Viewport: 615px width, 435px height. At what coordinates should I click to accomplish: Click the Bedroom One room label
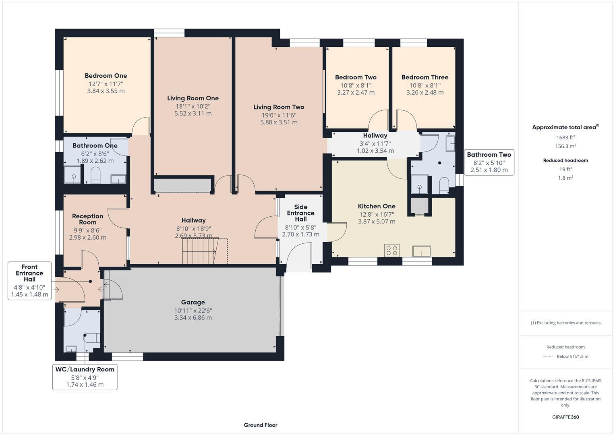coord(106,76)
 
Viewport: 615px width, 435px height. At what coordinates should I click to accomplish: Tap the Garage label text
coord(193,302)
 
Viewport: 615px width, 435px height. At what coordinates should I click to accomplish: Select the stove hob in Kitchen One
coord(392,251)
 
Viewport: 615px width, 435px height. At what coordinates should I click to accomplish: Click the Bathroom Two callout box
coord(489,162)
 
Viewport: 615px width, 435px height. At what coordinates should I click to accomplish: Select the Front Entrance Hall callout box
coord(29,281)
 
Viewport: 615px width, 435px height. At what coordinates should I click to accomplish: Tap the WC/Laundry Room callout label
coord(85,377)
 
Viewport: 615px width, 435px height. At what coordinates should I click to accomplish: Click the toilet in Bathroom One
coord(95,176)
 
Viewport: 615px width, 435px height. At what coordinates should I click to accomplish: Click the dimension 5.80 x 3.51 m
coord(279,122)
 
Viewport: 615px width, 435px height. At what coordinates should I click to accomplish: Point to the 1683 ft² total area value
coord(565,137)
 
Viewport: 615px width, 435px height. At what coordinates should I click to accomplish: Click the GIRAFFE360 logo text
coord(565,417)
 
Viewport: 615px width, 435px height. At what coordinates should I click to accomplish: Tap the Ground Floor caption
coord(261,425)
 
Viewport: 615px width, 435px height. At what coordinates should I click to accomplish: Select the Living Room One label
coord(193,98)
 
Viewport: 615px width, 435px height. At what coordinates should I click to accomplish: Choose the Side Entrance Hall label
coord(300,213)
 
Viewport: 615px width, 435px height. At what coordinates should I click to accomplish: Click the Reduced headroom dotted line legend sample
coord(548,356)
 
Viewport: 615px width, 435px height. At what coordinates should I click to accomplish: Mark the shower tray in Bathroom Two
coord(419,184)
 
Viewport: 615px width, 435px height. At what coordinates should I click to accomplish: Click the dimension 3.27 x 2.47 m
coord(356,93)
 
